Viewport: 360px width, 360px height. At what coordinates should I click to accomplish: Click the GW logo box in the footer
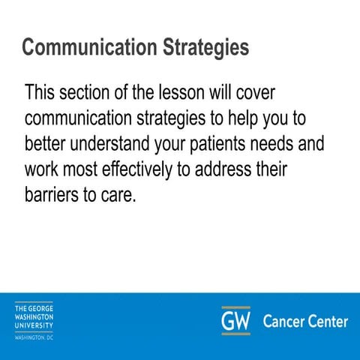235,321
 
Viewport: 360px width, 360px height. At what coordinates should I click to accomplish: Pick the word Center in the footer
328,322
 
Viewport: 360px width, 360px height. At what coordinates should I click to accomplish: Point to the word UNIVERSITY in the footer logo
34,325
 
